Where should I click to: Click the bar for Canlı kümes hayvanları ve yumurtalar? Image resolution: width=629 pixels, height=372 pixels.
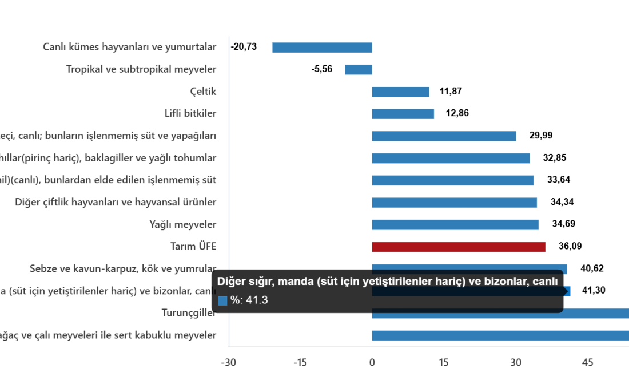(x=322, y=48)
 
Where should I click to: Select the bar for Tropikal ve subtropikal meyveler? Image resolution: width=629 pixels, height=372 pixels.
(x=359, y=69)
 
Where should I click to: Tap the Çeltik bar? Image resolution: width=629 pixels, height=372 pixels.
(x=400, y=92)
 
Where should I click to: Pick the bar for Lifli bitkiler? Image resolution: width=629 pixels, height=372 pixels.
(x=403, y=114)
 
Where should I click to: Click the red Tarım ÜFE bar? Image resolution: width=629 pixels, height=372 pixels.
(x=458, y=247)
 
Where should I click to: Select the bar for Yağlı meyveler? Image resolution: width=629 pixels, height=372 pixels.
(x=455, y=225)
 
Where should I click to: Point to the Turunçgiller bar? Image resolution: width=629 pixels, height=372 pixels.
(x=500, y=314)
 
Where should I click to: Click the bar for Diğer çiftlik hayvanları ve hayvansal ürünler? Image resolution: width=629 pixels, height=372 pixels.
(x=455, y=203)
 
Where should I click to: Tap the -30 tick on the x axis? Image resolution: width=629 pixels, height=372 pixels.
(x=228, y=362)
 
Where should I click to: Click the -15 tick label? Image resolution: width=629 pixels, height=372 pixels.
(x=300, y=362)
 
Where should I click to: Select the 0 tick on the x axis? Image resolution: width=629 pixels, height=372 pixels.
(x=372, y=362)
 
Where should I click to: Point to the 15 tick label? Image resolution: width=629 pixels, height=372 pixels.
(x=443, y=362)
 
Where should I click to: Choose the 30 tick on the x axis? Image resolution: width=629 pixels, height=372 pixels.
(x=515, y=362)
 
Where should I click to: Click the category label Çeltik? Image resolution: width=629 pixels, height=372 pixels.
(x=203, y=92)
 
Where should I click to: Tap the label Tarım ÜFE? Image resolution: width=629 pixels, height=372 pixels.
(x=193, y=247)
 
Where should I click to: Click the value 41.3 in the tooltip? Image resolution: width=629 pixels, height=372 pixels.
(x=258, y=300)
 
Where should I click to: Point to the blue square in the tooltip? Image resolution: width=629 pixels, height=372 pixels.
(x=223, y=300)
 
